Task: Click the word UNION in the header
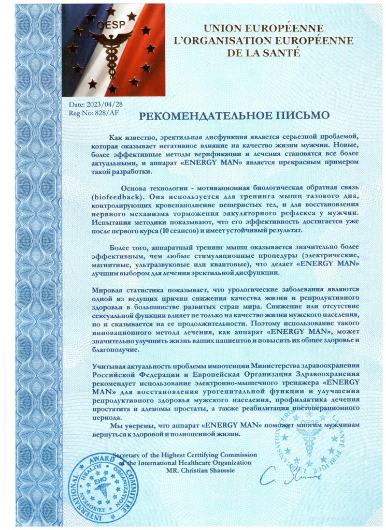pyautogui.click(x=226, y=28)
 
